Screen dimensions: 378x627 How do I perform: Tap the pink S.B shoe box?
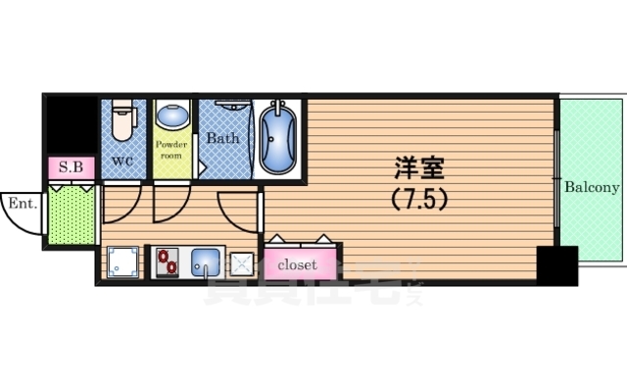pos(71,167)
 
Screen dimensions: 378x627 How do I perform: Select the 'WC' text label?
pos(122,160)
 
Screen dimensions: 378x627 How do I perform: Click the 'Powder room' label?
pos(171,150)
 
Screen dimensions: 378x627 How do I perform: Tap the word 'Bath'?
pos(222,138)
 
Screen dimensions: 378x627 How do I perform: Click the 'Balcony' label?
pos(592,187)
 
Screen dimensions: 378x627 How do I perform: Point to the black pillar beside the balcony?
pos(556,265)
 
